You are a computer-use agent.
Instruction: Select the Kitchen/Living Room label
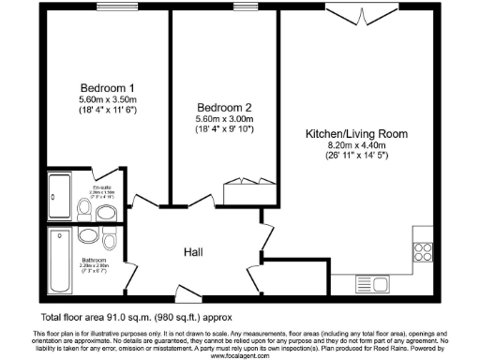point(357,135)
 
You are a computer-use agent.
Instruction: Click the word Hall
point(193,252)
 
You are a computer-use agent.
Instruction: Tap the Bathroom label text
point(94,260)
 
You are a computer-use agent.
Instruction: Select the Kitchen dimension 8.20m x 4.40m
point(357,146)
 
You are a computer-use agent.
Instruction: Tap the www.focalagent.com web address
point(240,356)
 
